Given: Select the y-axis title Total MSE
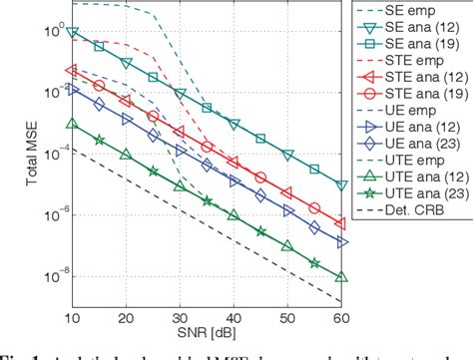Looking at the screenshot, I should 12,150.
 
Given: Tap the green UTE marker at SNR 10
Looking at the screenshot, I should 70,124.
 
